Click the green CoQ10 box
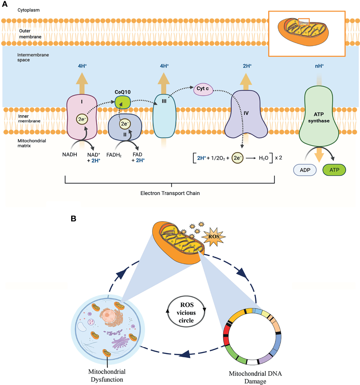[x=123, y=102]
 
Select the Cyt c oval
[x=203, y=89]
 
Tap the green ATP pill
[x=334, y=170]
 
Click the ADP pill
[x=305, y=170]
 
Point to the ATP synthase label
[x=319, y=117]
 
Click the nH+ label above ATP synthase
[x=319, y=66]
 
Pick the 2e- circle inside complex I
[x=82, y=119]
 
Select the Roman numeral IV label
[x=246, y=113]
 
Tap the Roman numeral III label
[x=164, y=101]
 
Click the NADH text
[x=69, y=154]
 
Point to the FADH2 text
[x=114, y=155]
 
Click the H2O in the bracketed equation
[x=263, y=158]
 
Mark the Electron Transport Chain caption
[x=170, y=193]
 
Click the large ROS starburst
[x=213, y=237]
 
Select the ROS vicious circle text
[x=186, y=312]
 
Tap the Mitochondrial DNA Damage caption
[x=255, y=377]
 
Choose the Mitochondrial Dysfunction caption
[x=107, y=376]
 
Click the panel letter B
[x=73, y=219]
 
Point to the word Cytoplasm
[x=29, y=10]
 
